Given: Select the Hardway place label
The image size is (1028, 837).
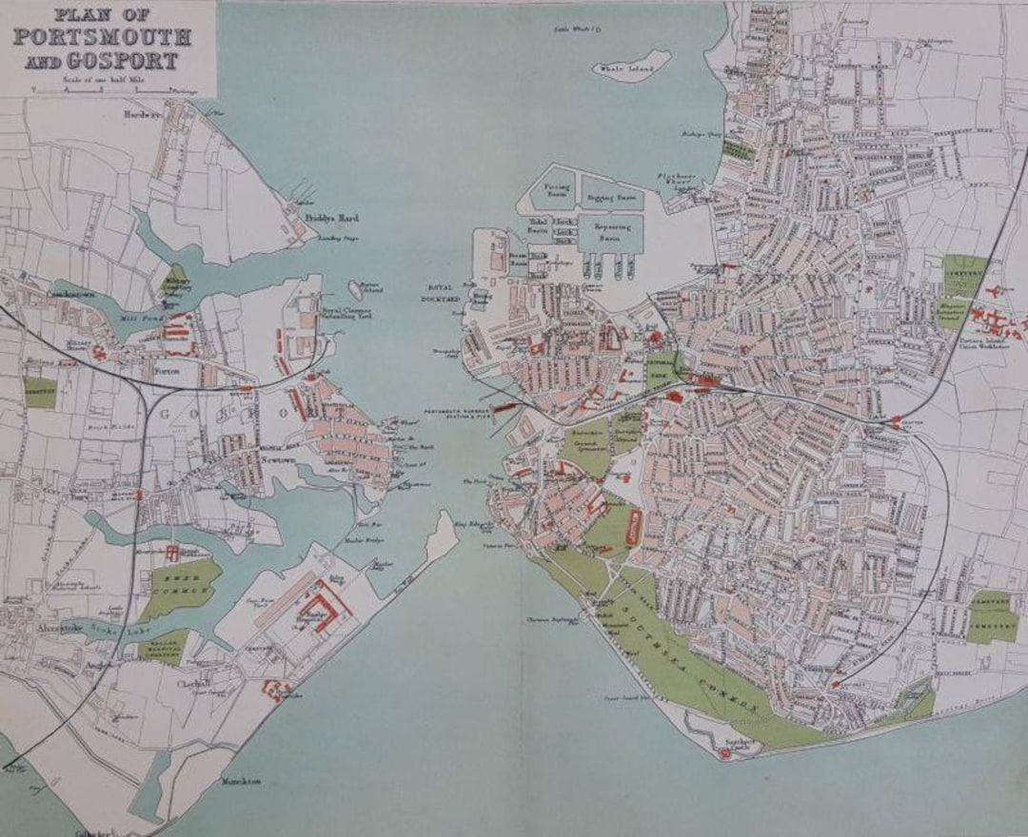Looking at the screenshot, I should (143, 114).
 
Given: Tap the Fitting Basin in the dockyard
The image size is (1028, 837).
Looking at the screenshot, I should (556, 190).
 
